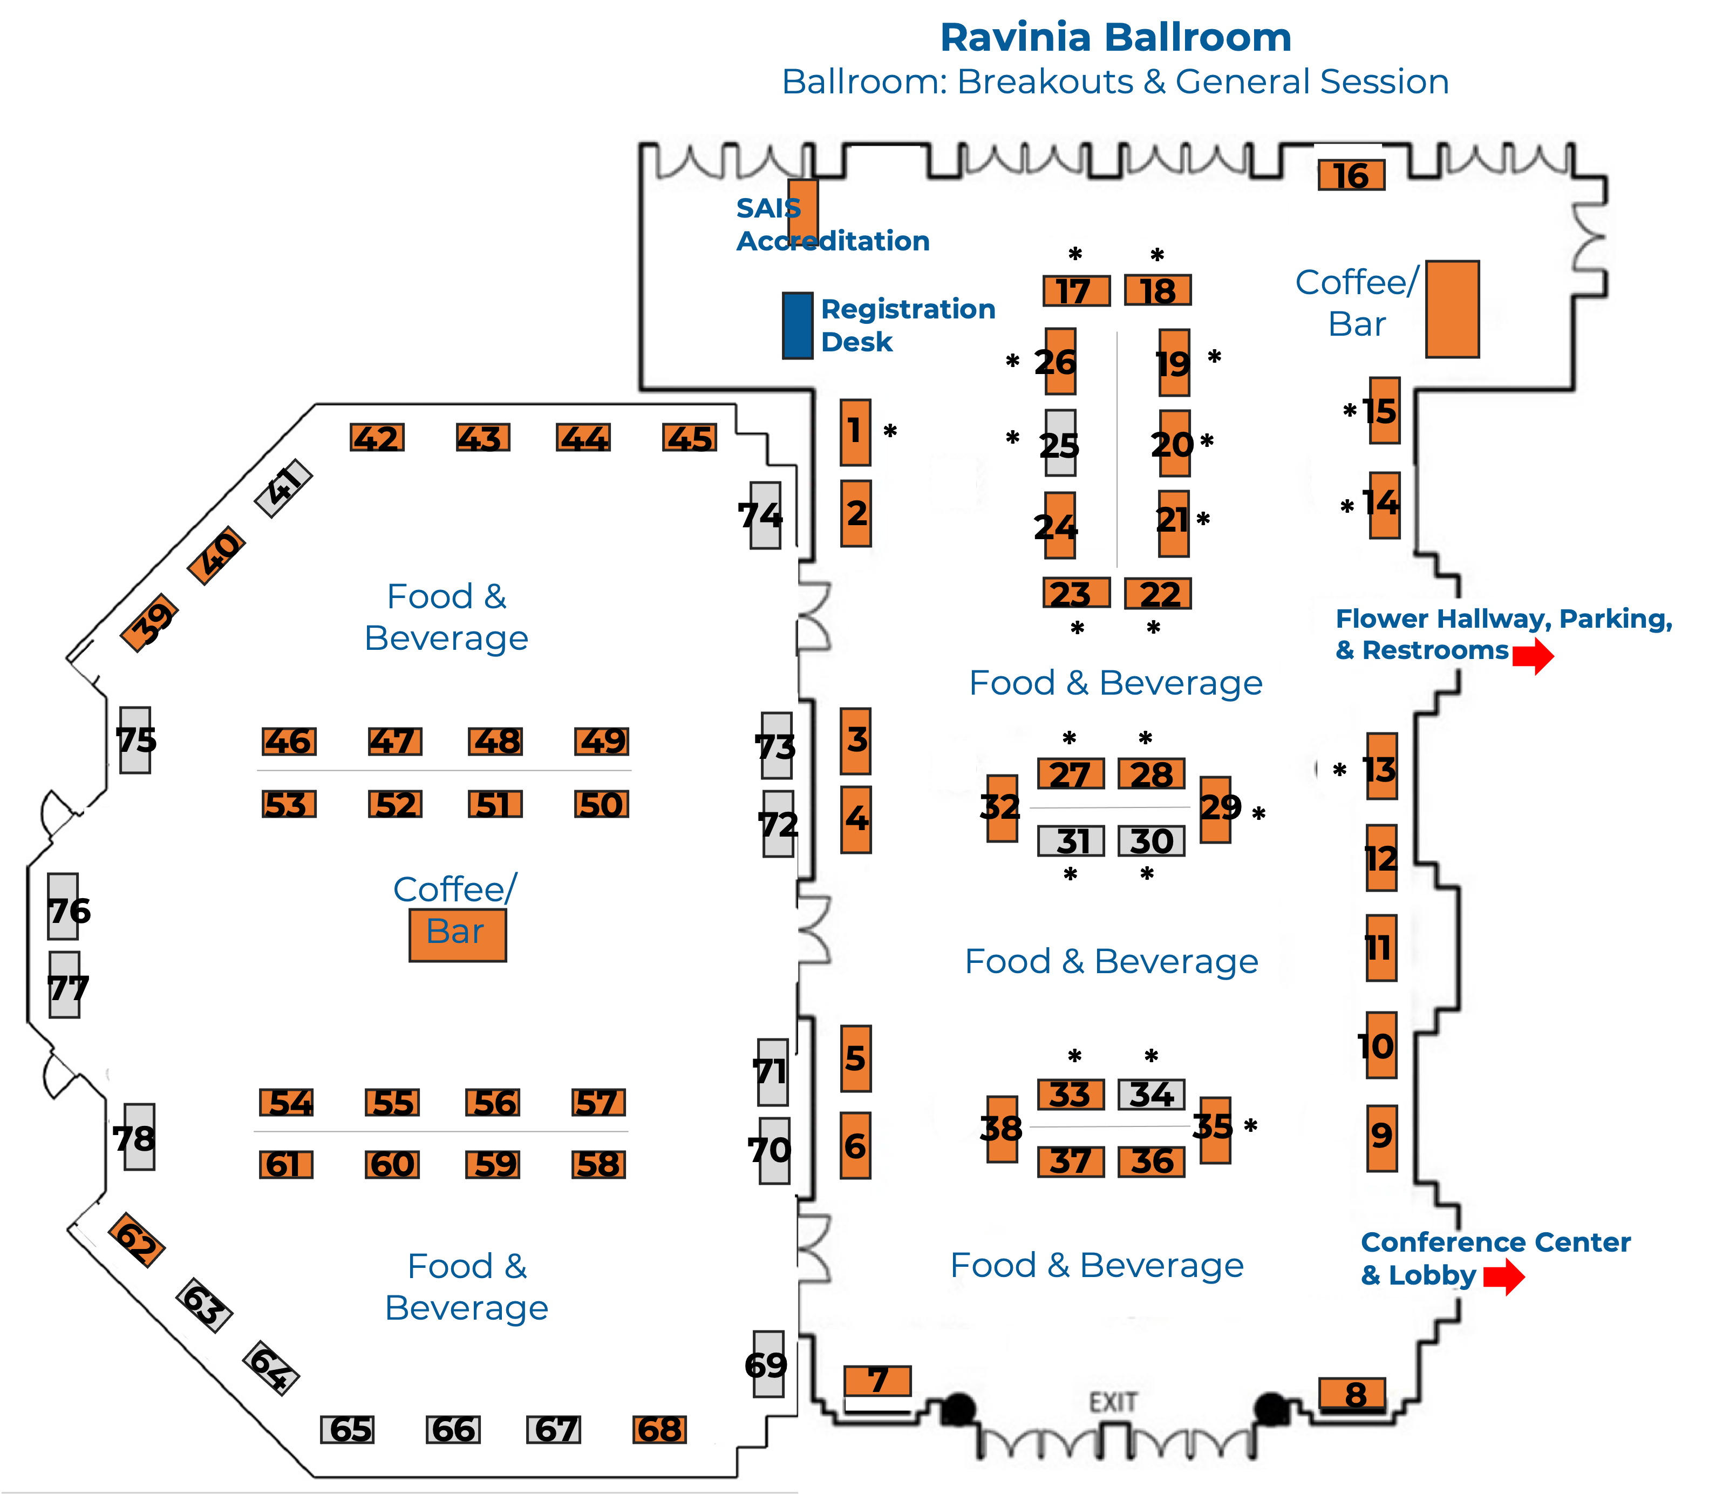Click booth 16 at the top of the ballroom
point(1351,175)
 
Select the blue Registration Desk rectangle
point(797,326)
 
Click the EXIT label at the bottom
point(1113,1402)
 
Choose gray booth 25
point(1060,443)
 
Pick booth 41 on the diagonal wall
point(283,488)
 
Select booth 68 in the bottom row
point(659,1429)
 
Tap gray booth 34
point(1151,1094)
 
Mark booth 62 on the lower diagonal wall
point(137,1240)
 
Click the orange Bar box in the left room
point(458,935)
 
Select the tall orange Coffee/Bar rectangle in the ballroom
point(1452,309)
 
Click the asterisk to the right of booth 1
point(890,431)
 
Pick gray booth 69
point(768,1364)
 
